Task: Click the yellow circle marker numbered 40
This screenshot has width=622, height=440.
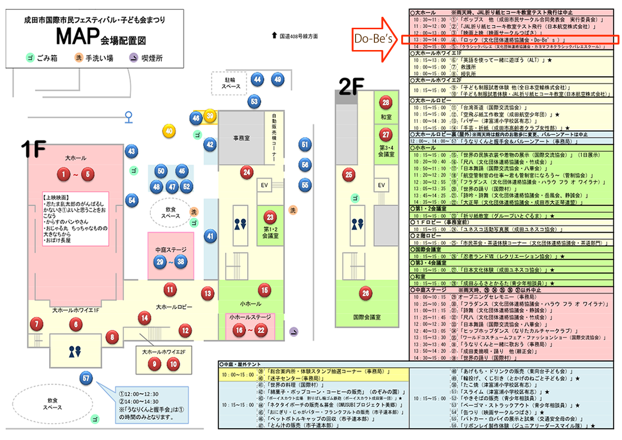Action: (x=169, y=131)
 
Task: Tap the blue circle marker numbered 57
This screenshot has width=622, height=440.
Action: (x=87, y=378)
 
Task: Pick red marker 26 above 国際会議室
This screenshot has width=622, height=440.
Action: (x=365, y=293)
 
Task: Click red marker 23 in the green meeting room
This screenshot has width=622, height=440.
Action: (x=270, y=217)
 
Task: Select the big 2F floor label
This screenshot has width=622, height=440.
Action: (x=351, y=86)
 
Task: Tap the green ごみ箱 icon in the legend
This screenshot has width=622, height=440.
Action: (x=30, y=58)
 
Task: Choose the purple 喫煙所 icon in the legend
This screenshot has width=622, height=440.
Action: (x=133, y=58)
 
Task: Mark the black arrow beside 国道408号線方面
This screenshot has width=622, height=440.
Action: (x=274, y=36)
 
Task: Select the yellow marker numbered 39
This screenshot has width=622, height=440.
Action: (x=210, y=116)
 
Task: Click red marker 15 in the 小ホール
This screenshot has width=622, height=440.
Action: (x=264, y=290)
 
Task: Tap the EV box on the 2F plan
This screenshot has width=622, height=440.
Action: (x=381, y=185)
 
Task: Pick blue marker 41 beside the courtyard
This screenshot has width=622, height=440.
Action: (x=211, y=236)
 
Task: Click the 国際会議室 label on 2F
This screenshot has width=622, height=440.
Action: (x=365, y=316)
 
